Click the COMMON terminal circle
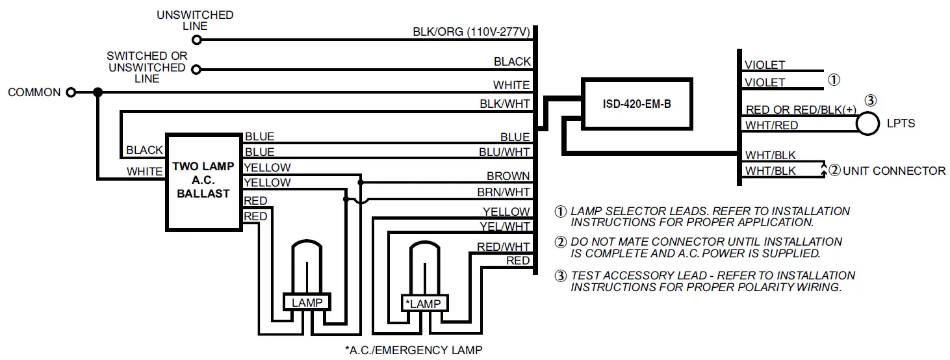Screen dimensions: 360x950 point(71,92)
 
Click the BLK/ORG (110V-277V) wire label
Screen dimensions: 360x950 point(471,32)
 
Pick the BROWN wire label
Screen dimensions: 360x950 point(508,176)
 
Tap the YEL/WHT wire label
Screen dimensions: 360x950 point(505,227)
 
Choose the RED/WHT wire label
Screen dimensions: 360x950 point(503,246)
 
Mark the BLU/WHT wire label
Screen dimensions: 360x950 point(506,152)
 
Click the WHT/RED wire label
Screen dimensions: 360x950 point(771,125)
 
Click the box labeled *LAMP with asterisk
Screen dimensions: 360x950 point(423,303)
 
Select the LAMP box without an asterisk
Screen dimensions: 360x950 point(307,302)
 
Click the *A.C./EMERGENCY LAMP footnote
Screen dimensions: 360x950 point(413,350)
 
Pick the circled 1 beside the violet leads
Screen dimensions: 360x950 point(834,80)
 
